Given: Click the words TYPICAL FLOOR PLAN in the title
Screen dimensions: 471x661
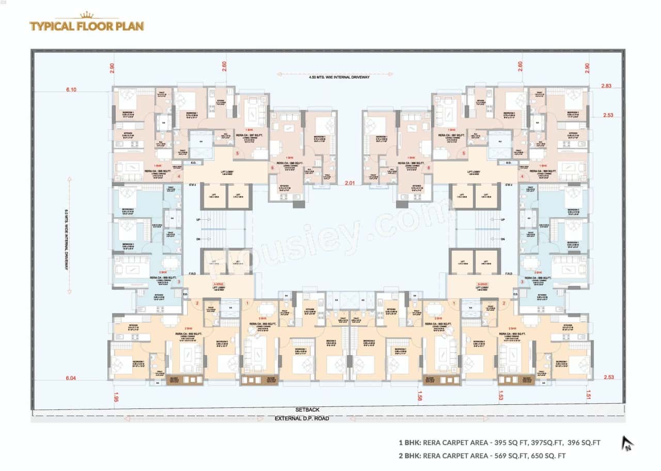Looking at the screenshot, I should point(87,26).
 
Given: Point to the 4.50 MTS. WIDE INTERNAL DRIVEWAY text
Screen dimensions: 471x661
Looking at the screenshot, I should point(339,77).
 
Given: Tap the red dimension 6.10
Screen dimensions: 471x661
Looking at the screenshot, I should point(71,89).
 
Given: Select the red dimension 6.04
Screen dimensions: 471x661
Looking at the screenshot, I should point(71,378).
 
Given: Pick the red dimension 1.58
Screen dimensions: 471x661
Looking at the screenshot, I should point(420,397).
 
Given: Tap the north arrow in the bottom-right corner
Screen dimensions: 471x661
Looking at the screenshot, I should point(627,443).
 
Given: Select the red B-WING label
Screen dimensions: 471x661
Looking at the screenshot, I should point(481,284).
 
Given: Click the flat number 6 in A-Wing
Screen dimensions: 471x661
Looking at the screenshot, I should point(272,168).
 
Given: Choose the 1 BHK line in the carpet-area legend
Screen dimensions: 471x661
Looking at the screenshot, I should point(499,443).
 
